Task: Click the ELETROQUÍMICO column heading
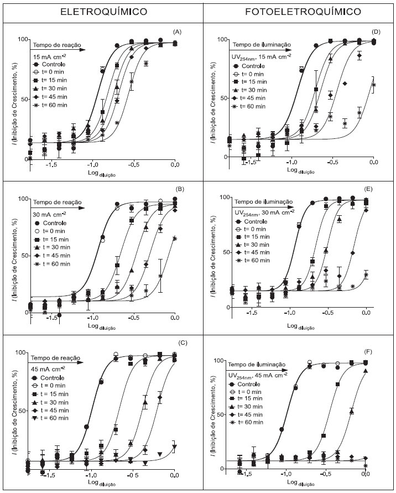(x=100, y=11)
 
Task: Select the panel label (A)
(x=177, y=32)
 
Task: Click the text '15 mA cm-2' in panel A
(x=50, y=56)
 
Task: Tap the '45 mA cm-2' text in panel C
(x=50, y=367)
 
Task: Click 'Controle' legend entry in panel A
(x=54, y=65)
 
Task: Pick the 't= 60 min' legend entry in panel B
(x=54, y=264)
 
